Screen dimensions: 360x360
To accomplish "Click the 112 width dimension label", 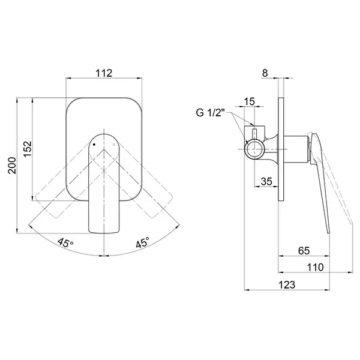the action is click(x=104, y=73).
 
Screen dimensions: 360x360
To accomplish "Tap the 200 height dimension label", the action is click(x=12, y=166).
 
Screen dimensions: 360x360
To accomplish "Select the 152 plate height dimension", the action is click(x=28, y=149).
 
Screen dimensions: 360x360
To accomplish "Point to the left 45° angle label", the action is click(x=65, y=242).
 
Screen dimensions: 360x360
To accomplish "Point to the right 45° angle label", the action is click(x=142, y=242).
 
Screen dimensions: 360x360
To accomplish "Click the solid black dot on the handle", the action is click(x=94, y=145).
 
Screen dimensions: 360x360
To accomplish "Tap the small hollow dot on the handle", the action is click(x=114, y=145).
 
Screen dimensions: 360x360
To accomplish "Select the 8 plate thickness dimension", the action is click(x=265, y=73).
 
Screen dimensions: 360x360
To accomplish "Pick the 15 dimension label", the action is click(x=250, y=101).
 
